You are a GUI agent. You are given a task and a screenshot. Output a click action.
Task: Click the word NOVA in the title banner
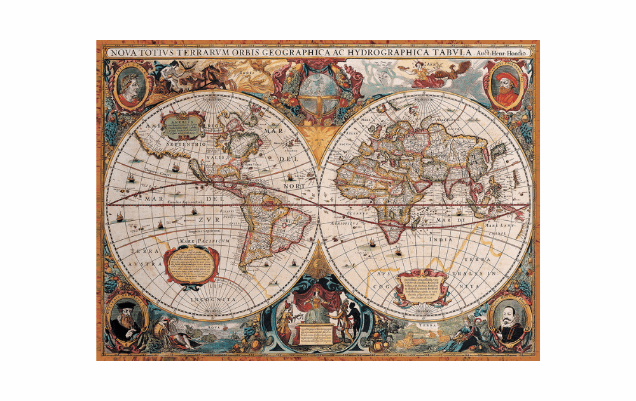(x=124, y=53)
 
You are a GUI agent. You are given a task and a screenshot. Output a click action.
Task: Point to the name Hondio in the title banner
(x=518, y=53)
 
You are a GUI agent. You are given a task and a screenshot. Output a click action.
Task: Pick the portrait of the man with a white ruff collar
(x=509, y=321)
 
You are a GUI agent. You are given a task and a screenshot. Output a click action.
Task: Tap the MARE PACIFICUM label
(x=199, y=241)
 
